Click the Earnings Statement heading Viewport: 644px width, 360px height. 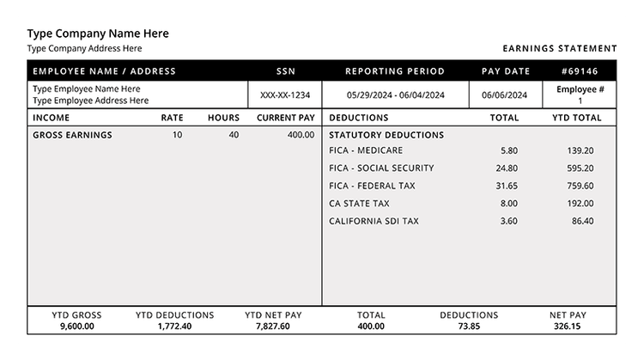click(560, 49)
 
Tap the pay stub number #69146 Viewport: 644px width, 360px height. click(580, 71)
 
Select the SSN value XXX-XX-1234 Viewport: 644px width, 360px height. click(285, 95)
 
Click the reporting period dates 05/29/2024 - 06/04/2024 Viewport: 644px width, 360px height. click(395, 95)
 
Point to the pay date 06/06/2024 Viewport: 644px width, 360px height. click(506, 95)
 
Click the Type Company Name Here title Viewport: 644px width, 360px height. click(98, 34)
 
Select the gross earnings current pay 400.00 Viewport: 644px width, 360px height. click(301, 135)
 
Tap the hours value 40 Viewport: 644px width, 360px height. click(234, 135)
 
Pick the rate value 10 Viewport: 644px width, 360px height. click(177, 135)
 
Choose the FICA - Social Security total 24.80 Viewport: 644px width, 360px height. click(507, 168)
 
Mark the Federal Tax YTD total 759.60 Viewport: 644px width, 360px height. click(580, 186)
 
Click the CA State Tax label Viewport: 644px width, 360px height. click(359, 204)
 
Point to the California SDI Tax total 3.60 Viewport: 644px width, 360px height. click(508, 221)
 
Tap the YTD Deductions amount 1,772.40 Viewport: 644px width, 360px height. click(175, 326)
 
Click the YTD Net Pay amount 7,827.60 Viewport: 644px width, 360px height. click(273, 326)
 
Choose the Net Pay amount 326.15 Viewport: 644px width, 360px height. click(568, 326)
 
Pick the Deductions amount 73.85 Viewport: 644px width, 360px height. click(469, 326)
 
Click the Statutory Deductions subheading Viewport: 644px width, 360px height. click(386, 135)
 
